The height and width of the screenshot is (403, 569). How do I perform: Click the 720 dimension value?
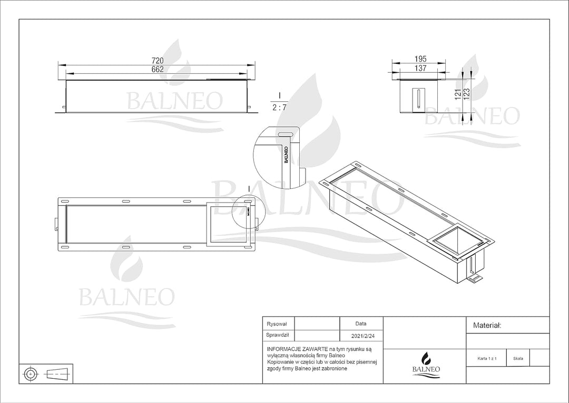(157, 61)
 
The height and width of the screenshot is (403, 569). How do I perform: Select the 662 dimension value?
(157, 70)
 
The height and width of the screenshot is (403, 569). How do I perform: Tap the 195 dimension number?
(420, 59)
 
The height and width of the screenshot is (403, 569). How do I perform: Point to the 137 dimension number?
(420, 68)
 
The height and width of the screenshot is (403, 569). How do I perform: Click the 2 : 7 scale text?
(279, 108)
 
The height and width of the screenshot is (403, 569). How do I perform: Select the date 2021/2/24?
(362, 336)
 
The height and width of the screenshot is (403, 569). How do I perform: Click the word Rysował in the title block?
(277, 324)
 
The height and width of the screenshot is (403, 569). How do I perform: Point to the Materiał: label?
(487, 325)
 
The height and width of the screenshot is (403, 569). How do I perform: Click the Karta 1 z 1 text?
(487, 359)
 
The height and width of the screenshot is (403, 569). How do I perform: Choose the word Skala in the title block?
(518, 359)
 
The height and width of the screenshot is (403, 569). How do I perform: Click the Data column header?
(361, 323)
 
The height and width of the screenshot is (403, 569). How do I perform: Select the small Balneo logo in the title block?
(426, 364)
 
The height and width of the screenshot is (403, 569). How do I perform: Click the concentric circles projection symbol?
(31, 373)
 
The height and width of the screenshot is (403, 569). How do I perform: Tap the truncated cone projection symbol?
(57, 373)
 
